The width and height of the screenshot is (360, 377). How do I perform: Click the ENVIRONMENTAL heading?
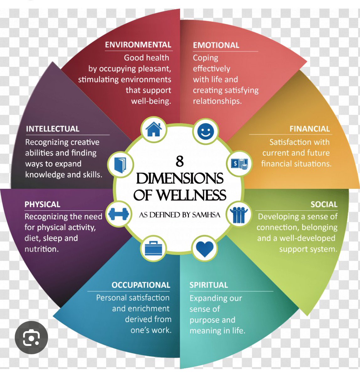tap(138, 45)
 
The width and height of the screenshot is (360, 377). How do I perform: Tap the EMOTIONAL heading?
tap(216, 45)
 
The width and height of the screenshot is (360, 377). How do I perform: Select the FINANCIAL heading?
tap(309, 129)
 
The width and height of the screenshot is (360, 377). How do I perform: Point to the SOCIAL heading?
tap(324, 205)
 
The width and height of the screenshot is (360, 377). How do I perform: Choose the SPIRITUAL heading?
tap(209, 285)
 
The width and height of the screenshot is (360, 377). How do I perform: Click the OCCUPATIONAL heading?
tap(141, 285)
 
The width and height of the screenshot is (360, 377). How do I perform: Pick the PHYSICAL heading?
tap(42, 205)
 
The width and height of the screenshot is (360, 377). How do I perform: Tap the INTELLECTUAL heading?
tap(53, 129)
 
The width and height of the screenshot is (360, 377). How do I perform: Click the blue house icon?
tap(154, 129)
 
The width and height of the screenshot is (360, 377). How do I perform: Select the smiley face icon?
tap(206, 131)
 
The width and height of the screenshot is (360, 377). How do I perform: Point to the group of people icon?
tap(239, 215)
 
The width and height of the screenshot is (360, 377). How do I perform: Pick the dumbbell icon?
tap(119, 214)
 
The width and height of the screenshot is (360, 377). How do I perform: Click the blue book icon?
tap(120, 165)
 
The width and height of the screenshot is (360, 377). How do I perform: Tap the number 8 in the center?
tap(180, 161)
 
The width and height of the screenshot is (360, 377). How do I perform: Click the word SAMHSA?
tap(206, 215)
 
